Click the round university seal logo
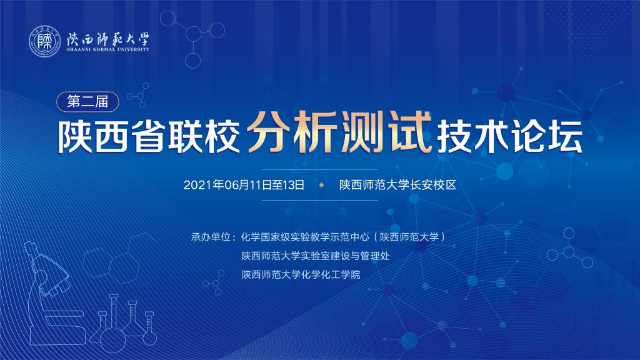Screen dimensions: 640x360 44,41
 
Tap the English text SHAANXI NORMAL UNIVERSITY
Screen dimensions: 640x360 108,49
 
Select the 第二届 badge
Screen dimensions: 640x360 87,102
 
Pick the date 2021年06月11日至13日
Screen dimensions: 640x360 244,185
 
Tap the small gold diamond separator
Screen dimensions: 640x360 322,185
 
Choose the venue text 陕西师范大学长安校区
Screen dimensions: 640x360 398,185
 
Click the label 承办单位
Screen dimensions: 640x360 211,237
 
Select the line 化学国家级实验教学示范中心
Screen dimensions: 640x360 305,237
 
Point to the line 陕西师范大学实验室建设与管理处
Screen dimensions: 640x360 316,256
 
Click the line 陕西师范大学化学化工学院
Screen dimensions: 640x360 301,275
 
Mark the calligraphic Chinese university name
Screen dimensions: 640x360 108,39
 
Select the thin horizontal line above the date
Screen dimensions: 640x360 319,169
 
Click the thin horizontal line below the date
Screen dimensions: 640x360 319,201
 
